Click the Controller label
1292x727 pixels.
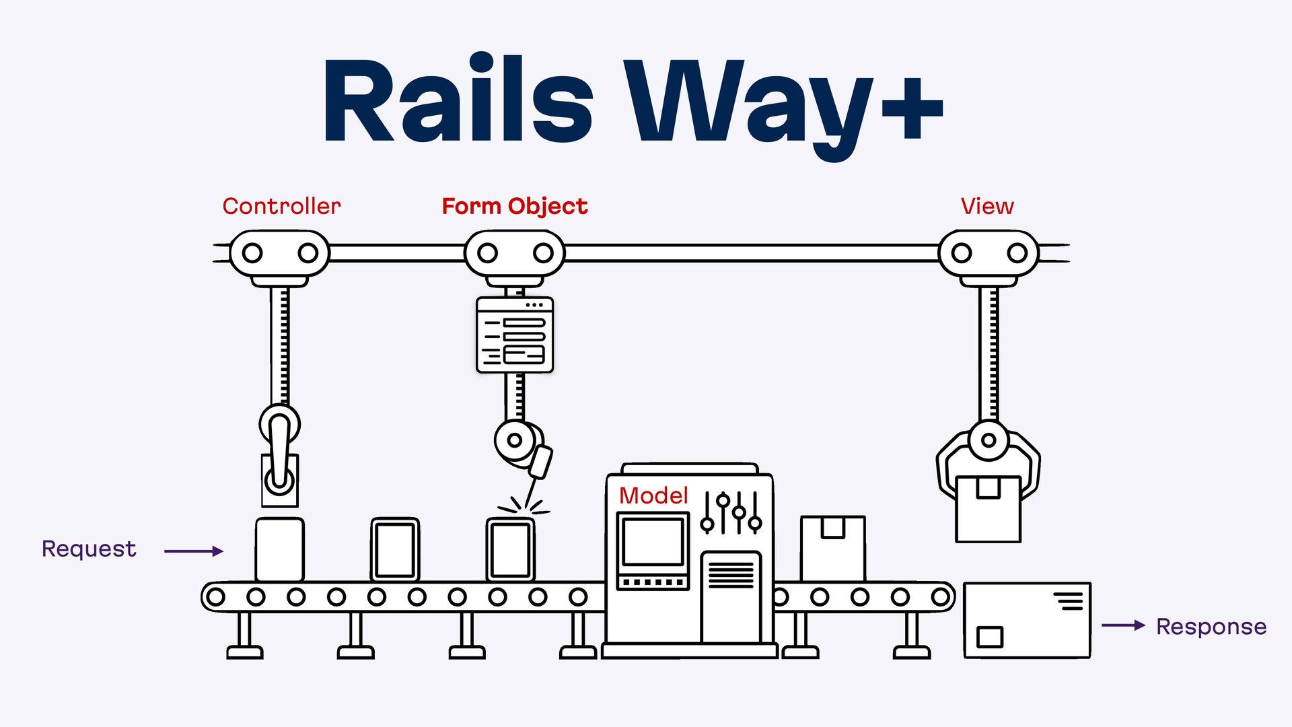click(281, 206)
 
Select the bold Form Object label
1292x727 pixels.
click(514, 206)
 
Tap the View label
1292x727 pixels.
click(986, 206)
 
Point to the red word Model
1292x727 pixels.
click(653, 495)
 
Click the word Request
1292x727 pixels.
click(89, 549)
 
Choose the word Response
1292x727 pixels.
click(1211, 627)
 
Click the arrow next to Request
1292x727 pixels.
click(194, 551)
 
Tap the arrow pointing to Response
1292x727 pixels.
click(1123, 625)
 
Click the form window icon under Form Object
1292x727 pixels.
click(515, 335)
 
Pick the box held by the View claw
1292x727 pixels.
click(988, 508)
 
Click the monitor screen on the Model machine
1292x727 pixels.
click(653, 542)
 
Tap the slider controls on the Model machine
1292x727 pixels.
click(731, 513)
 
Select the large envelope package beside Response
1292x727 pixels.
click(1027, 620)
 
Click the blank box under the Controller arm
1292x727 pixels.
click(279, 549)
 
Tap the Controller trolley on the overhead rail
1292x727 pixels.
click(280, 254)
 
